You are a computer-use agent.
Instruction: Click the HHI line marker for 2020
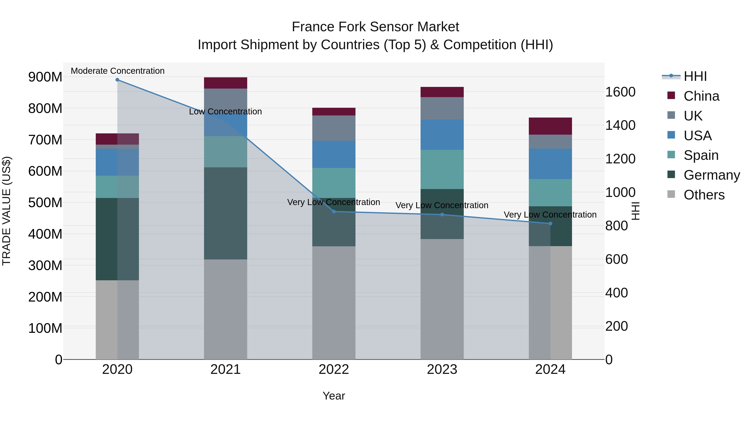click(117, 80)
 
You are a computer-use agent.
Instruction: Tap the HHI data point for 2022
click(334, 212)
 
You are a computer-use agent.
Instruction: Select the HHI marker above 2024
click(550, 223)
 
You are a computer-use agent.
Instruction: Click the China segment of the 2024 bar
click(550, 126)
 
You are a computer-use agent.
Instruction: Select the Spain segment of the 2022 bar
click(334, 183)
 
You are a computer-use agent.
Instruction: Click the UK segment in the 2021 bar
click(225, 99)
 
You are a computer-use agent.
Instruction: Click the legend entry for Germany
click(711, 175)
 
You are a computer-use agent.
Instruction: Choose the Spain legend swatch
click(671, 155)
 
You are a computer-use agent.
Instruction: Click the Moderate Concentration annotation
click(117, 71)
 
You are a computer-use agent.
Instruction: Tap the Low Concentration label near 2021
click(225, 111)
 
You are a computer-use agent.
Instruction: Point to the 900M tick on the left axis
click(45, 77)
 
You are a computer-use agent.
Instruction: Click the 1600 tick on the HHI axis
click(620, 92)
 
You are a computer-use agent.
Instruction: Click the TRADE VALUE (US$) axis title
click(7, 211)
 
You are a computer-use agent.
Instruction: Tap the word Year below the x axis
click(334, 396)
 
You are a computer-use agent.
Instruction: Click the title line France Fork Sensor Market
click(375, 27)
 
